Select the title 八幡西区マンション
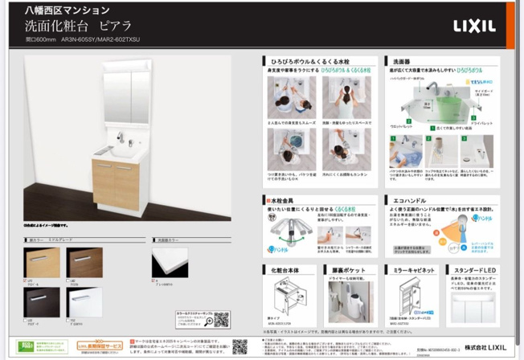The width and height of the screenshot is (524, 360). [x=59, y=10]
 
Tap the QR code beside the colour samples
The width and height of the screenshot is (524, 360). [x=222, y=320]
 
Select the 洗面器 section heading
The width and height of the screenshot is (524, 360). [x=403, y=60]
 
